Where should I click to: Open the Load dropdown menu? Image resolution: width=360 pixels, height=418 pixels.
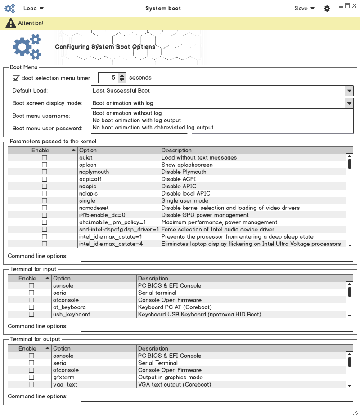[33, 8]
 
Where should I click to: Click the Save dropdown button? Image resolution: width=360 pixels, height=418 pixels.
[304, 8]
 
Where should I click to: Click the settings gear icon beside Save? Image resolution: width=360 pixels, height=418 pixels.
[327, 9]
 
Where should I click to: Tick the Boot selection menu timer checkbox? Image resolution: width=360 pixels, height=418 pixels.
[16, 78]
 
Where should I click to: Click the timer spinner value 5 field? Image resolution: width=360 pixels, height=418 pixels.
[108, 78]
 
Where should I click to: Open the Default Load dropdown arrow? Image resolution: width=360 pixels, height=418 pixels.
[349, 91]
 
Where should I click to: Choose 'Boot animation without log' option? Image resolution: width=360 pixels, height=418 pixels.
[127, 113]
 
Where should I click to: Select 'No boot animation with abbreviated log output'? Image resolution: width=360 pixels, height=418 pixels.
[153, 128]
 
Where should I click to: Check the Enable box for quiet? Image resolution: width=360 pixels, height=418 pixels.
[45, 158]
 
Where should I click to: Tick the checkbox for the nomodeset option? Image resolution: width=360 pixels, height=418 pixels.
[45, 208]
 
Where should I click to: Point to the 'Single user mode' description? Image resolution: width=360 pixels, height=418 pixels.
[185, 201]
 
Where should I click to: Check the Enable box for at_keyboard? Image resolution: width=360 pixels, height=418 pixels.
[31, 307]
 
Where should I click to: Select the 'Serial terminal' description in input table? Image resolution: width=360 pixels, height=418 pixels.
[157, 293]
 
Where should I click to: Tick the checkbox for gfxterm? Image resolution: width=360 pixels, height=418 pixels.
[31, 378]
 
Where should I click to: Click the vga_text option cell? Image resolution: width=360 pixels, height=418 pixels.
[65, 385]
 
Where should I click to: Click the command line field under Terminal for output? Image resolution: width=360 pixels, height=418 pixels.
[216, 396]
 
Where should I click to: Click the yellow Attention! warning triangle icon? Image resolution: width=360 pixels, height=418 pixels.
[10, 23]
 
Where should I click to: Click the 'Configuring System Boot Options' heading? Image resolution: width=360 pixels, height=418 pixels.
[105, 47]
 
